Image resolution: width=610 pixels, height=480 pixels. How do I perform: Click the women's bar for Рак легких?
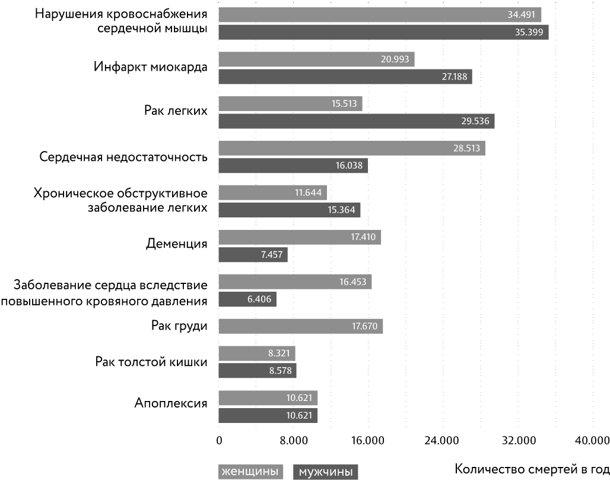pos(290,103)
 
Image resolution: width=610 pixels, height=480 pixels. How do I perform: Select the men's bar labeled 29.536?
pos(356,121)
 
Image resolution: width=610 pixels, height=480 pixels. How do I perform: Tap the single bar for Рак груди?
pos(300,326)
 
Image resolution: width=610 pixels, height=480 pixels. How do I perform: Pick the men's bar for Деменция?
pos(253,255)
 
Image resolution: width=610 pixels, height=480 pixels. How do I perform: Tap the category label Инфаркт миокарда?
pos(151,67)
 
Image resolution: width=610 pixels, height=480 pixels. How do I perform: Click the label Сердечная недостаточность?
pos(123,157)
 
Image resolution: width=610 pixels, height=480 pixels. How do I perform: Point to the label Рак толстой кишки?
pos(151,362)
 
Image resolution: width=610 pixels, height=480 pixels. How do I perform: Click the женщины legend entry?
pos(250,472)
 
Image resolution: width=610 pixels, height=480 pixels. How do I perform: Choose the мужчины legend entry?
pos(325,472)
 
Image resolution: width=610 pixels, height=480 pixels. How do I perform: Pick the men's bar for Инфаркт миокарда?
pos(345,77)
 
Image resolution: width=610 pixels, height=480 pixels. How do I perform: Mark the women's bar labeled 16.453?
pos(295,282)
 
